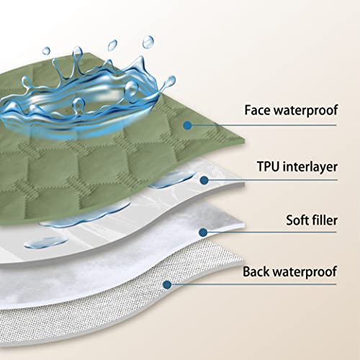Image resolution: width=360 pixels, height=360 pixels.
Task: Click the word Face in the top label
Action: [258, 110]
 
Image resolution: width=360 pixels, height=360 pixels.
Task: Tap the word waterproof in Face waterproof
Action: [306, 111]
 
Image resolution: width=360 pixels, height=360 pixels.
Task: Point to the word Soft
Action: [297, 220]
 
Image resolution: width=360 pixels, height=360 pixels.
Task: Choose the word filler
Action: [325, 220]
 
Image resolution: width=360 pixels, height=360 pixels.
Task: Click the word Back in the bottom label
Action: [256, 271]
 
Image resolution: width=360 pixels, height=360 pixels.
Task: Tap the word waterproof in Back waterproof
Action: [305, 273]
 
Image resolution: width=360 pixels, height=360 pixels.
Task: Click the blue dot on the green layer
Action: [187, 125]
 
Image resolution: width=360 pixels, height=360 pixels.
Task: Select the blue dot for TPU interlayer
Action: [204, 180]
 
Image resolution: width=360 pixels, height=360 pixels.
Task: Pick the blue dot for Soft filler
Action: [203, 232]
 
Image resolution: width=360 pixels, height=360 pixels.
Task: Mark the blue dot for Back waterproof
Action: [167, 284]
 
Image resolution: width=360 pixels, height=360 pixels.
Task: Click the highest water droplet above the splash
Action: [148, 42]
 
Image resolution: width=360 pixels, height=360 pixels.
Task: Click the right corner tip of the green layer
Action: [244, 142]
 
